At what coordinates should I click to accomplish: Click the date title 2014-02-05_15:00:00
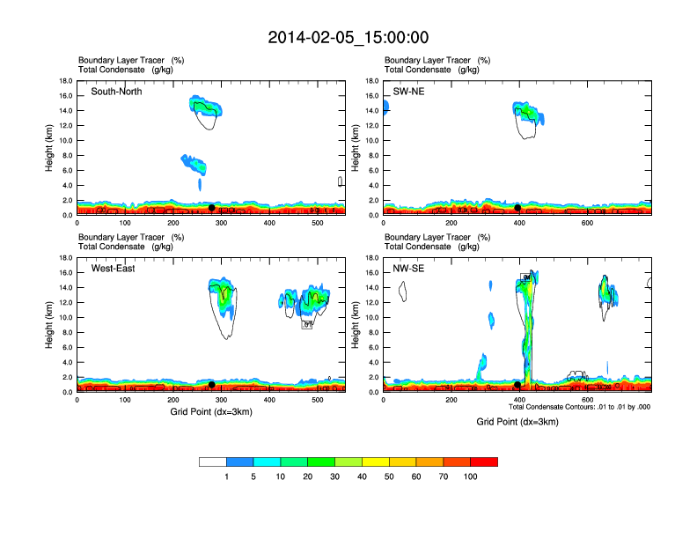[348, 37]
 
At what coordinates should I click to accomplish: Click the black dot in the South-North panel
[212, 208]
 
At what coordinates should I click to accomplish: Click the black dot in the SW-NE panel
[518, 208]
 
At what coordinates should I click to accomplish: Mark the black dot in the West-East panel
[212, 385]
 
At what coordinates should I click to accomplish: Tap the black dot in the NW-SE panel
[517, 385]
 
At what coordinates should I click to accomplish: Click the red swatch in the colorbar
[484, 461]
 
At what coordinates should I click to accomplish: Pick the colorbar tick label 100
[471, 476]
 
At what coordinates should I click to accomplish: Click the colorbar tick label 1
[226, 476]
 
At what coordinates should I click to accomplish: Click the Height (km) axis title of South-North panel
[51, 147]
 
